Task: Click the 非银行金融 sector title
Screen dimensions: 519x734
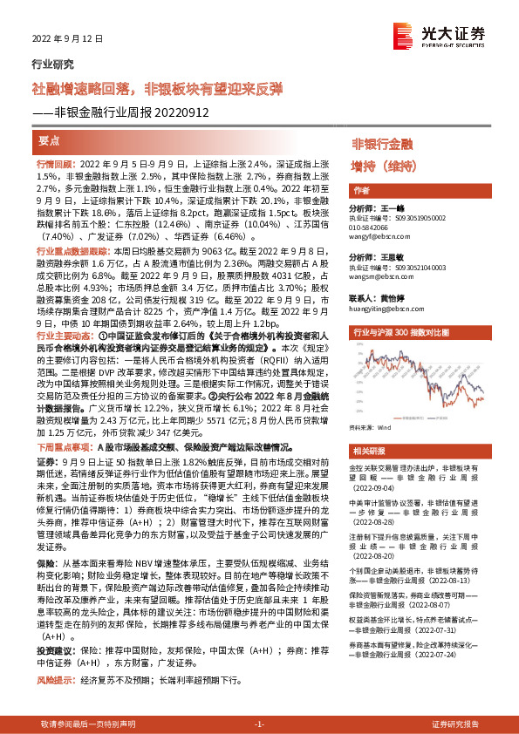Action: pos(382,143)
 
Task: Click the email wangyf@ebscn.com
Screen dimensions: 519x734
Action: pos(381,235)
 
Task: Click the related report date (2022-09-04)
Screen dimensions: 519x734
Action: pos(377,490)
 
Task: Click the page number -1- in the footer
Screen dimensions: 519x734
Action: pos(258,724)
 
